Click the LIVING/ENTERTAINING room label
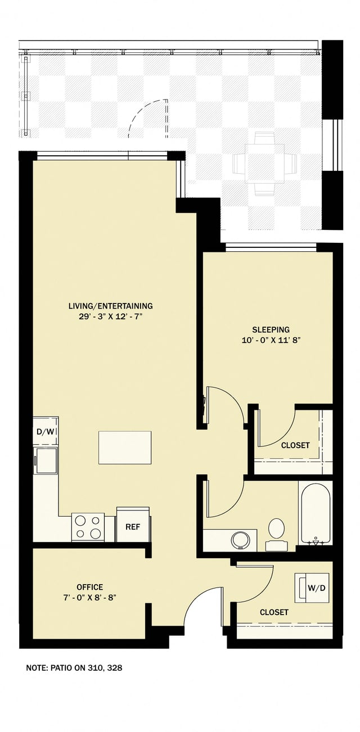110,306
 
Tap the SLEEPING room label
270,329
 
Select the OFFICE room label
89,588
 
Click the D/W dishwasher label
45,432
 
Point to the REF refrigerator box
133,527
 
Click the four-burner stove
88,527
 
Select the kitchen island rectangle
125,448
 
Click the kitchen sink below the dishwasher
46,460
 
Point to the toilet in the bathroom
276,532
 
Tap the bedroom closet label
295,445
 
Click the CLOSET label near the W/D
274,612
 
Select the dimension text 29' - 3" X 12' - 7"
110,317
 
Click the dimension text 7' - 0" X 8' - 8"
89,598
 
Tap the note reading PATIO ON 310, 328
74,668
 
